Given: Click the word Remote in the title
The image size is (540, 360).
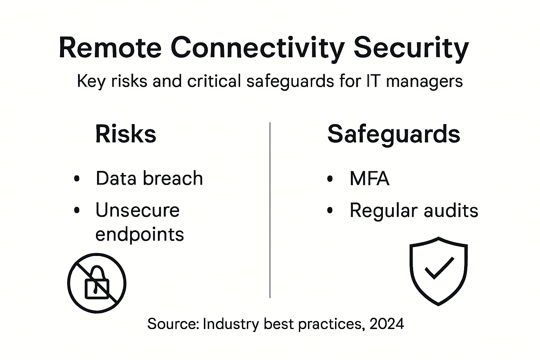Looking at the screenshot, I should [110, 48].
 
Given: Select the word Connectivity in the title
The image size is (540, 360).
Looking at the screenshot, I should [258, 48].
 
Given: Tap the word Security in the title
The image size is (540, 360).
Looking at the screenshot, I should [411, 48].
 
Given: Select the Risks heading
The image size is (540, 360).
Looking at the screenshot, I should [126, 134].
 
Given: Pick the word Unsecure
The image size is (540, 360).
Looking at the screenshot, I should [137, 210].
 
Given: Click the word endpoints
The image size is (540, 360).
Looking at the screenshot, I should [140, 234].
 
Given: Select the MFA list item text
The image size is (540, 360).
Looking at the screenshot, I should [369, 179].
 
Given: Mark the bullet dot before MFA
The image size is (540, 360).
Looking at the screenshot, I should [330, 179].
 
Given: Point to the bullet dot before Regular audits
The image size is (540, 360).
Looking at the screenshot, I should [330, 211].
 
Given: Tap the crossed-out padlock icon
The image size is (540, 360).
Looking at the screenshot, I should [97, 283].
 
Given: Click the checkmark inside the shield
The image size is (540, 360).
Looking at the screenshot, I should [439, 268].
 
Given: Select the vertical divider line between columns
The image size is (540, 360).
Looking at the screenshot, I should [270, 211].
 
